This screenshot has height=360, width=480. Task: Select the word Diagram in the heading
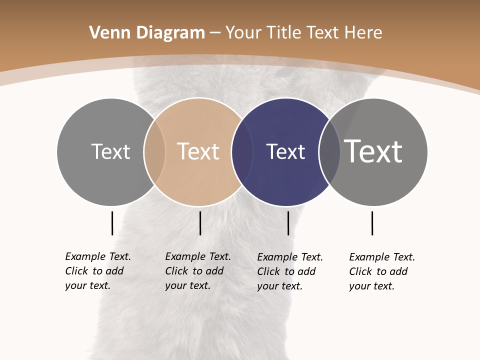pyautogui.click(x=170, y=33)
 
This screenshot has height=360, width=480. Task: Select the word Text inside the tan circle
pyautogui.click(x=198, y=151)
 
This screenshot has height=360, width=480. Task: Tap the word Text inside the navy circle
pyautogui.click(x=285, y=151)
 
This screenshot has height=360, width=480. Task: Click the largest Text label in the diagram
pyautogui.click(x=373, y=151)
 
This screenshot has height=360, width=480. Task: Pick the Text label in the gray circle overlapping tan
pyautogui.click(x=110, y=151)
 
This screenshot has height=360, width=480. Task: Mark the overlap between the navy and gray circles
pyautogui.click(x=329, y=151)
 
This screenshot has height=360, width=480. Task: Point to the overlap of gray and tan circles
pyautogui.click(x=154, y=151)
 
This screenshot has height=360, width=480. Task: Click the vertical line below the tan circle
pyautogui.click(x=200, y=223)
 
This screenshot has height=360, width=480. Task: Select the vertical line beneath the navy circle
pyautogui.click(x=288, y=223)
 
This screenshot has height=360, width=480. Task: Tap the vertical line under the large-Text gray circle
pyautogui.click(x=372, y=223)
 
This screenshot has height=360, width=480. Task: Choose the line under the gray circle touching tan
pyautogui.click(x=112, y=223)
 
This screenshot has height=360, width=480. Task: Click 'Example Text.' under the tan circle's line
pyautogui.click(x=198, y=256)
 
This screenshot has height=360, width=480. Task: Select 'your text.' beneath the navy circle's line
pyautogui.click(x=279, y=286)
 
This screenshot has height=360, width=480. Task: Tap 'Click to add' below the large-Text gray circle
pyautogui.click(x=378, y=271)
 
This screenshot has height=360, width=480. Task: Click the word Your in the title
pyautogui.click(x=244, y=33)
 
